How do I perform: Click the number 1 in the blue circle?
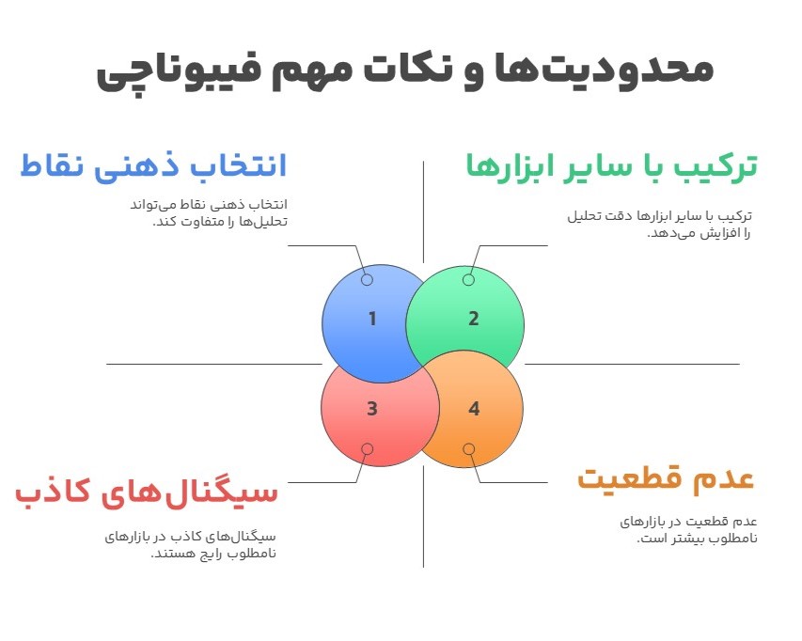(372, 319)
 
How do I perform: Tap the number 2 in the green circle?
(474, 319)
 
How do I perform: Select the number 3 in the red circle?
(372, 409)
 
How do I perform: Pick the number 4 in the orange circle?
(474, 409)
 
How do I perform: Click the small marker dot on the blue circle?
(367, 280)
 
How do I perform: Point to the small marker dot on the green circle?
(468, 280)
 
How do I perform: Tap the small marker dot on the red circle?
(367, 449)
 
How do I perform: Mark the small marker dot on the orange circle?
(468, 449)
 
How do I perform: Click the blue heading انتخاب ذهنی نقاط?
(153, 166)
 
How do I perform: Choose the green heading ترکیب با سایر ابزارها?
(612, 166)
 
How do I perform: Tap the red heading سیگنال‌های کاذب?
(147, 492)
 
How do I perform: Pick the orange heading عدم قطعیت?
(666, 477)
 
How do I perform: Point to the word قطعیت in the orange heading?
(630, 477)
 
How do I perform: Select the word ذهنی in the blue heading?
(146, 166)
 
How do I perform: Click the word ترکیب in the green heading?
(719, 166)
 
